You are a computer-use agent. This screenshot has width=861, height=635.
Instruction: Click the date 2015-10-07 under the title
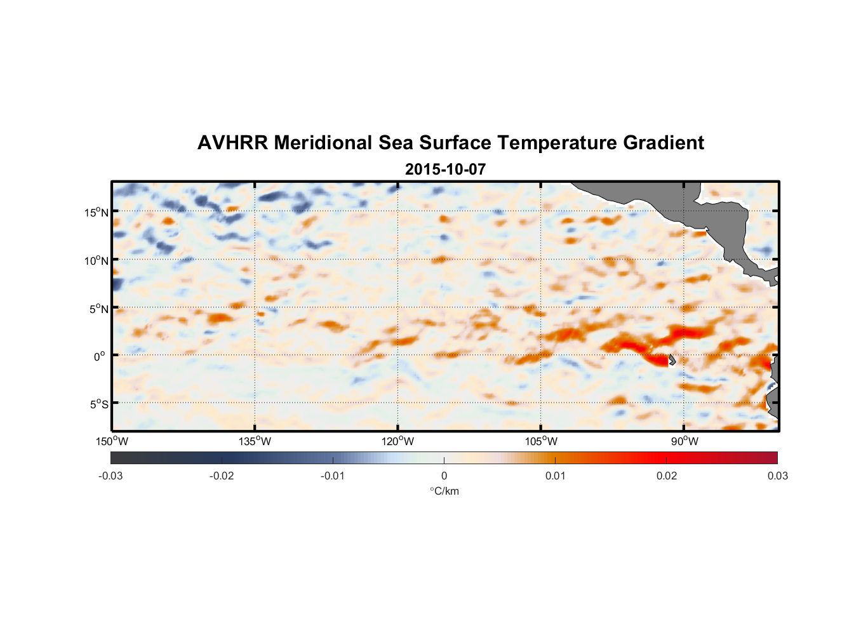tap(445, 170)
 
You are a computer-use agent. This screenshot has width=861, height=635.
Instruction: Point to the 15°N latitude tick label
tap(97, 212)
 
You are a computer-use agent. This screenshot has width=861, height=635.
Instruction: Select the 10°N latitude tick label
tap(97, 260)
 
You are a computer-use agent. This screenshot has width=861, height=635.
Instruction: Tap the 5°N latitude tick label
tap(98, 309)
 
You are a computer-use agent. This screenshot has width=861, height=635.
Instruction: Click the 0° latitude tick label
tap(100, 356)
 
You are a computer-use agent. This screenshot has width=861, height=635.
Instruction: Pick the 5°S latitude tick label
tap(98, 404)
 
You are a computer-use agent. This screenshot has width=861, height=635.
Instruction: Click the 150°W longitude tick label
tap(112, 441)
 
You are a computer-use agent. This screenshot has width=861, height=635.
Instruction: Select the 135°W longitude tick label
tap(255, 441)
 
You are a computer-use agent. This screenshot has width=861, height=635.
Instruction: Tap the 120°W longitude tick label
tap(397, 441)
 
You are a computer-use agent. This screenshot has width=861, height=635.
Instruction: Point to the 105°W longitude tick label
tap(541, 441)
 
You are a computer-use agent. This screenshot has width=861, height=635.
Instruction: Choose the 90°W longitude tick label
tap(684, 441)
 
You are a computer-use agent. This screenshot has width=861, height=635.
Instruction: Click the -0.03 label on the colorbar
tap(110, 476)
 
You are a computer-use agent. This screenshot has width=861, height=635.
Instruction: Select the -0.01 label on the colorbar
tap(333, 476)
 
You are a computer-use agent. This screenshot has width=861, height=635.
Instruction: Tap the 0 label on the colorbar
tap(444, 476)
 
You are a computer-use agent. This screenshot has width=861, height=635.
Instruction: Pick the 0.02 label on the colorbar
tap(667, 476)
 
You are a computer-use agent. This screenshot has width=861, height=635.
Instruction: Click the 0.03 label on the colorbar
tap(777, 476)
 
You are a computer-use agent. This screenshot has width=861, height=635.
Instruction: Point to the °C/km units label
tap(444, 491)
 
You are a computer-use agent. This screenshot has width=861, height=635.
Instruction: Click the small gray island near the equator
tap(671, 359)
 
